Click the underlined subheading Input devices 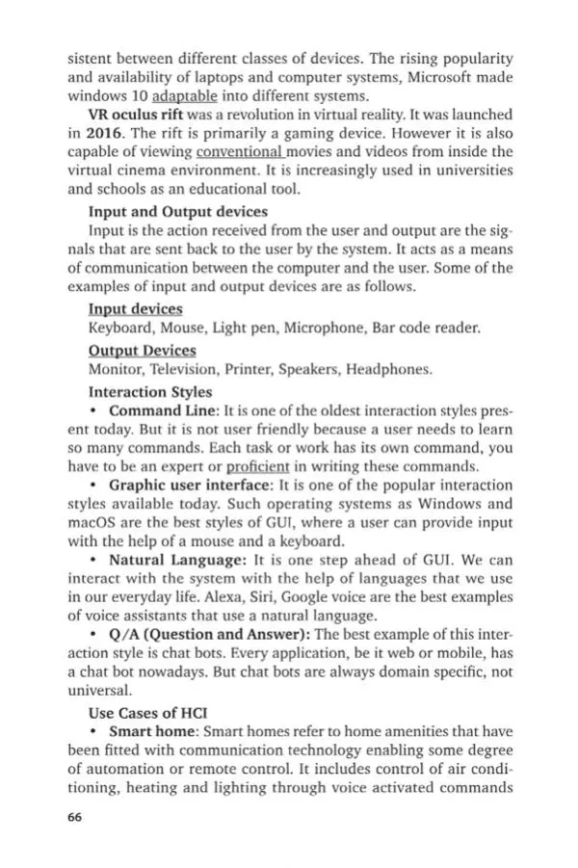coord(135,309)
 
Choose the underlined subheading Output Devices coord(142,350)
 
